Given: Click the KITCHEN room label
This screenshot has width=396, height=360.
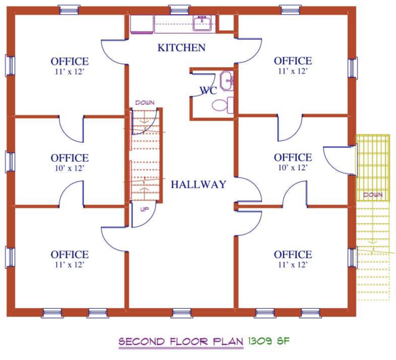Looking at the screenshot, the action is [182, 48].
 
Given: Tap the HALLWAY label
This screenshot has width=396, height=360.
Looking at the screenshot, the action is [198, 184].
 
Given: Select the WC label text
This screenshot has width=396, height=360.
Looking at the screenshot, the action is [208, 90].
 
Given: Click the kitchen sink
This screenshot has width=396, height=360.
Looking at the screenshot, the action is [202, 23].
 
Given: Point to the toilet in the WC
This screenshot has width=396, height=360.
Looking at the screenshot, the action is [222, 105].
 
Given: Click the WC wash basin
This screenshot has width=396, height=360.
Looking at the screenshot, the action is [226, 81].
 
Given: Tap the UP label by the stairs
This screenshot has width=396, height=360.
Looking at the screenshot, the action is [144, 209].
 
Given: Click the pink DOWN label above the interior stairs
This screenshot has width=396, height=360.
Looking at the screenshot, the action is [145, 103].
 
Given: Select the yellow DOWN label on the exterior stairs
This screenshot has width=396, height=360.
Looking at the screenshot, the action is [373, 195].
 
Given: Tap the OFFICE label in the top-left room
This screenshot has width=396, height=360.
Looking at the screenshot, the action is [70, 61].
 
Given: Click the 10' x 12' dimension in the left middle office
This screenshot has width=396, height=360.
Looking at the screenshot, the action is [69, 168].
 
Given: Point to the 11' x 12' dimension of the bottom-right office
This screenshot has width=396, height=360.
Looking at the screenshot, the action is [293, 265].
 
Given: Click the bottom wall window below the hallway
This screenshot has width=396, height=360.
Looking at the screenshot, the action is [182, 313].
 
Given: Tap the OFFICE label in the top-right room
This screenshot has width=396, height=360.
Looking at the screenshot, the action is [293, 61].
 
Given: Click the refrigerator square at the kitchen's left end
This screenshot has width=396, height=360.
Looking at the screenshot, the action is [142, 24].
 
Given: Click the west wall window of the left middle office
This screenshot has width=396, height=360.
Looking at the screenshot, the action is [10, 162].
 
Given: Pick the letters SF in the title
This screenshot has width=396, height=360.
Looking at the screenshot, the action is [283, 341].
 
